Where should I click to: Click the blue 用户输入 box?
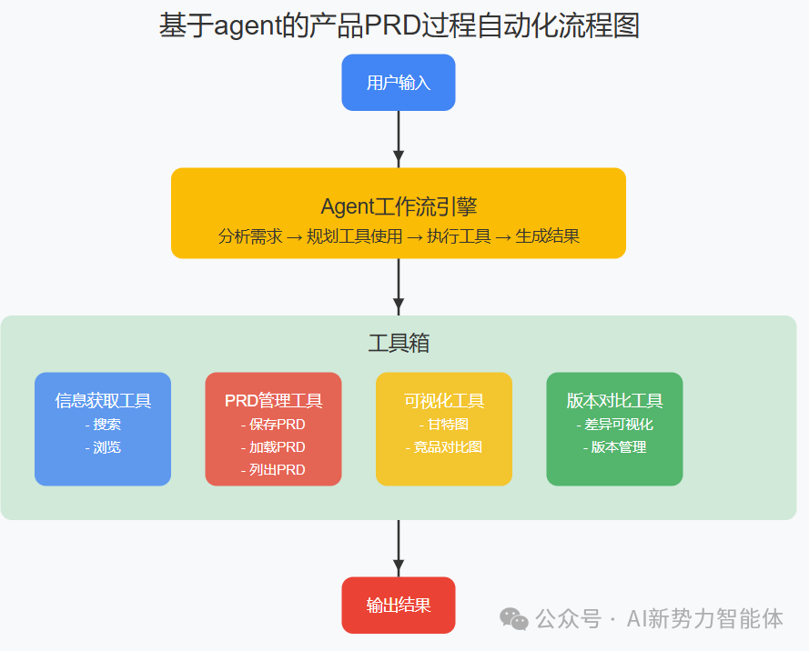[398, 83]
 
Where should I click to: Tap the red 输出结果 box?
[398, 606]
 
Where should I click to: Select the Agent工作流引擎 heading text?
[398, 206]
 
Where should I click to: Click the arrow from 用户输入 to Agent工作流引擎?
[398, 138]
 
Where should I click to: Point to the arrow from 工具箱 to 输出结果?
[398, 547]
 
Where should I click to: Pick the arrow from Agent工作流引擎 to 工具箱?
[398, 286]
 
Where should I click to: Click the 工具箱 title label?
[398, 344]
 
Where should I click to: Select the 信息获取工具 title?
[103, 401]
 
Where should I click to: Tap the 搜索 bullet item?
[103, 425]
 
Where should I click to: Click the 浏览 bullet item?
[103, 447]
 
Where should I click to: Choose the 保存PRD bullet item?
[273, 425]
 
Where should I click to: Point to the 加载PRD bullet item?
[273, 447]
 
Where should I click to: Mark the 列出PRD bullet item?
[273, 470]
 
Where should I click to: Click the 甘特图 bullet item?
[444, 425]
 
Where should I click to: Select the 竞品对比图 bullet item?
[444, 447]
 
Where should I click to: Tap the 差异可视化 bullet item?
[614, 425]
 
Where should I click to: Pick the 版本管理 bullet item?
[614, 447]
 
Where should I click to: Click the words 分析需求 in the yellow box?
[250, 236]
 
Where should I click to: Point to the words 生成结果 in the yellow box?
[548, 236]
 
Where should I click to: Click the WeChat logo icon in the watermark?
[513, 619]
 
